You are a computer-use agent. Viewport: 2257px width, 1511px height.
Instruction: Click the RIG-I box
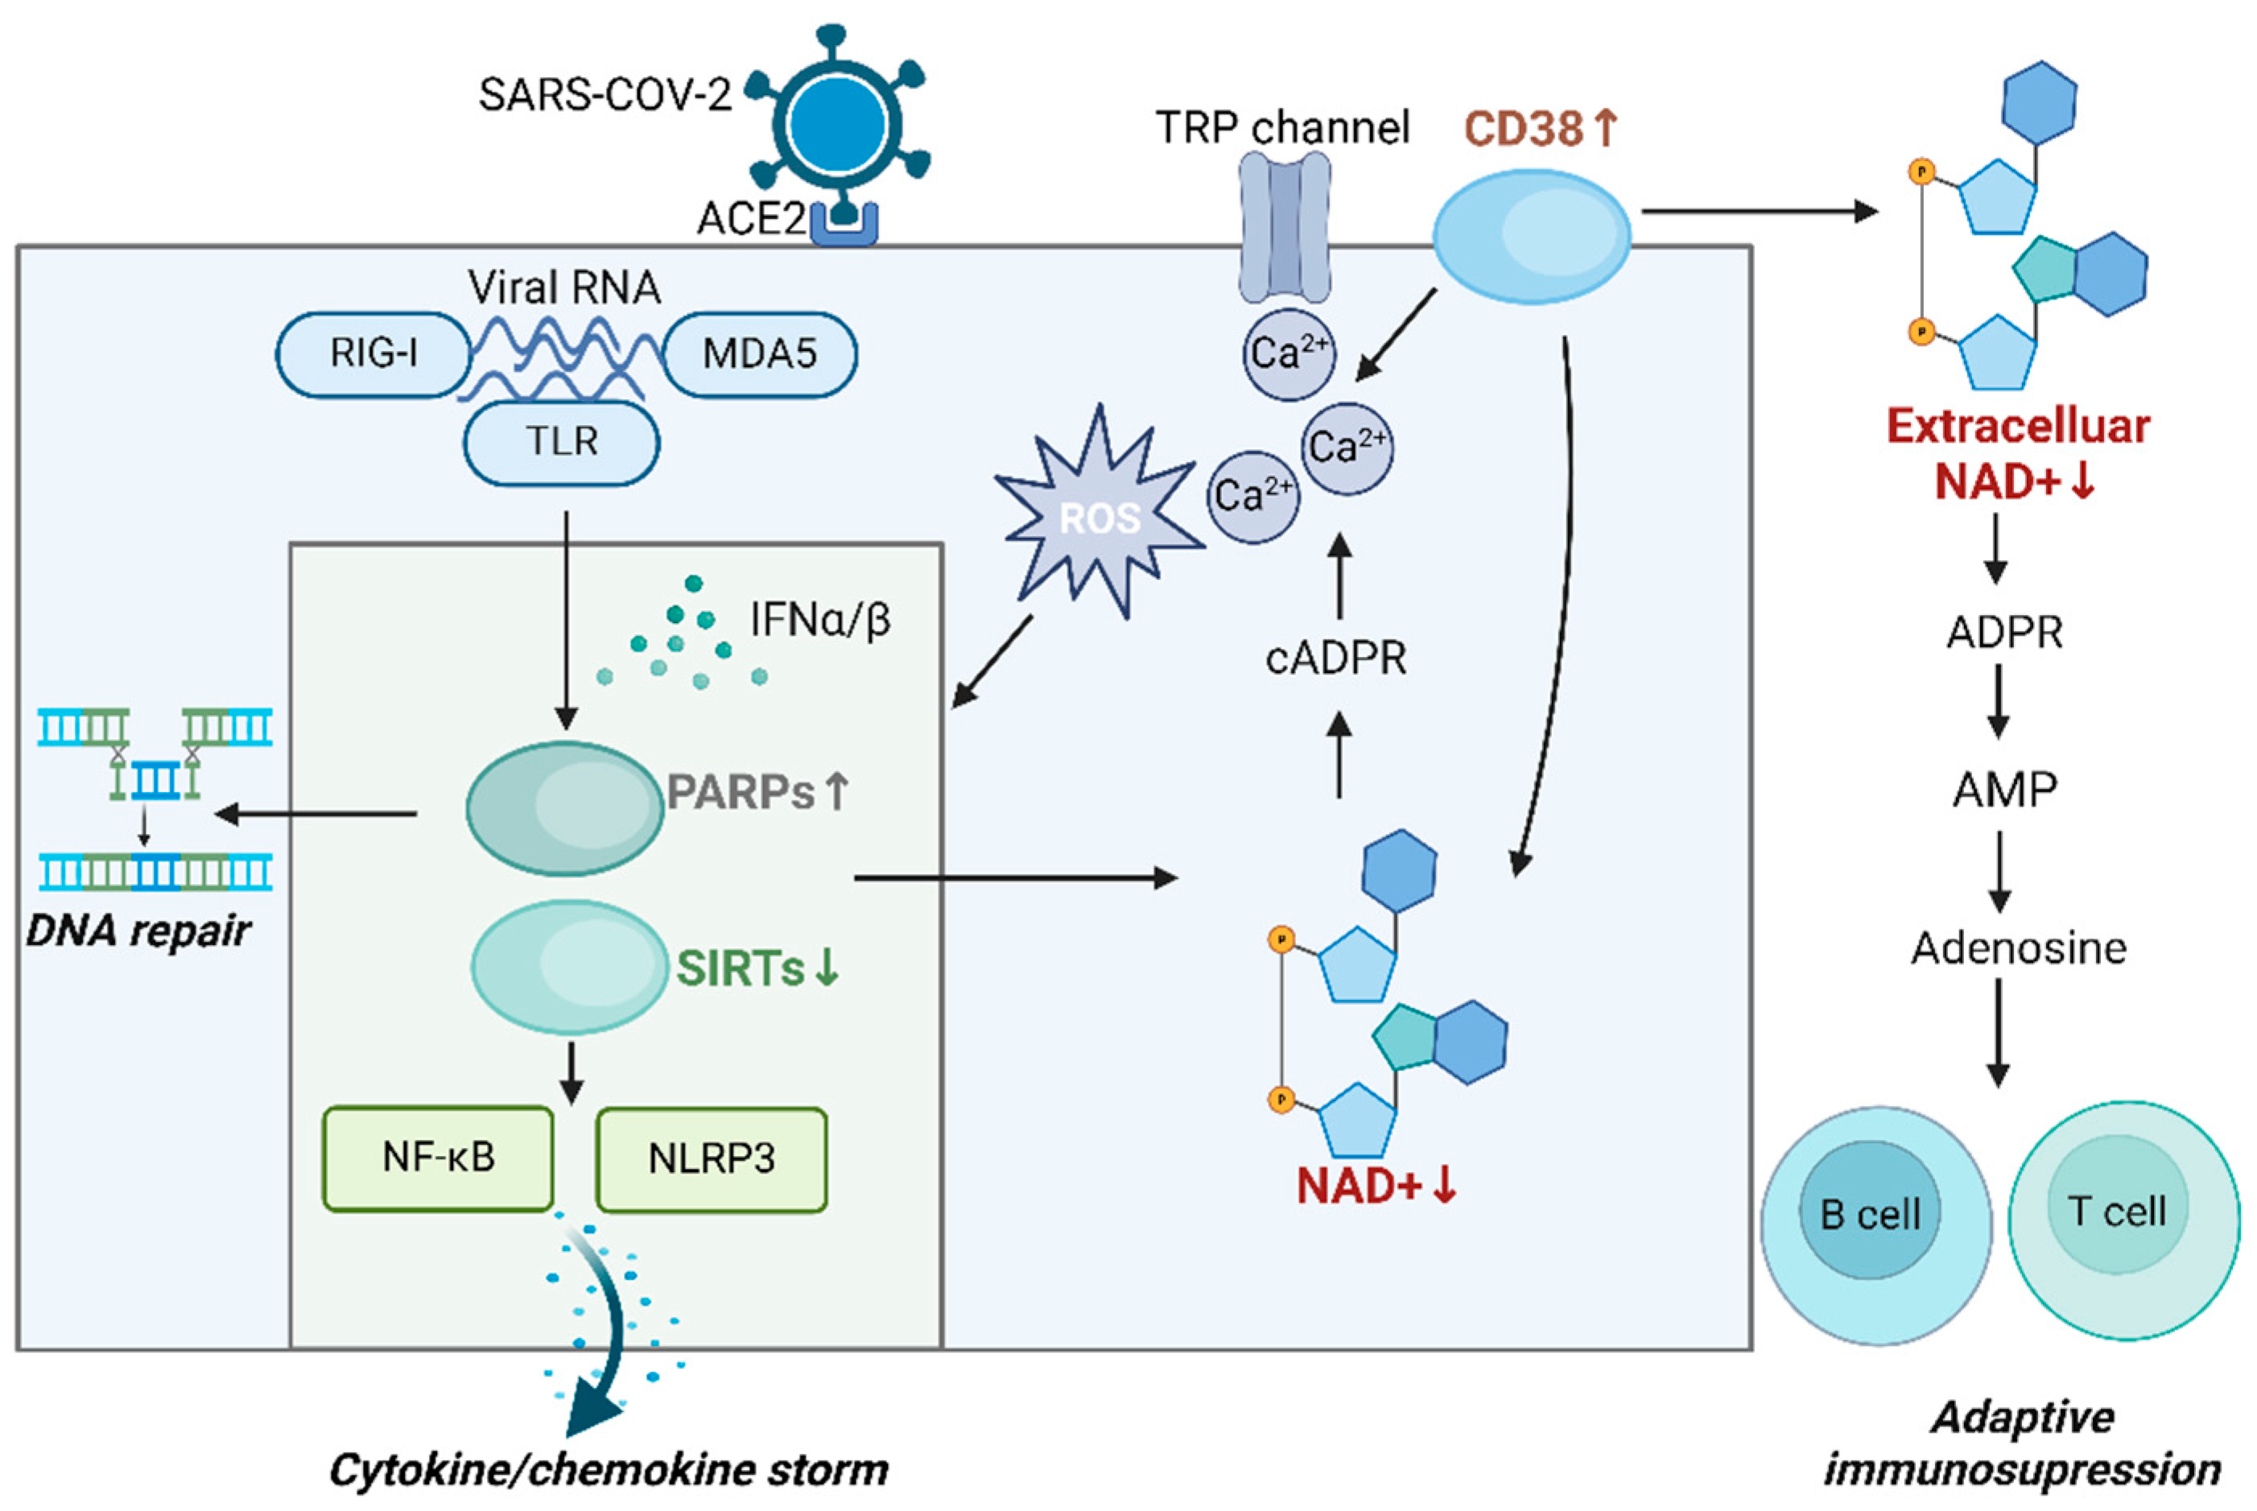click(373, 353)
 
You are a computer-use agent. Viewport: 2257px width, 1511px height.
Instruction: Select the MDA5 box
click(760, 353)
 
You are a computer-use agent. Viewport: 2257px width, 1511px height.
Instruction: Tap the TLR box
click(562, 442)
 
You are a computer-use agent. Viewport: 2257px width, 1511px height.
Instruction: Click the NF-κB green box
click(439, 1158)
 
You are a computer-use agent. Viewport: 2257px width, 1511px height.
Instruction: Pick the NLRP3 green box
click(711, 1158)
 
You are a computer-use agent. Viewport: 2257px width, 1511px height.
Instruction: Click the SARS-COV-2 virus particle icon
click(837, 123)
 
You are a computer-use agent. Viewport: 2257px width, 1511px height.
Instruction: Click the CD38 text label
click(1523, 128)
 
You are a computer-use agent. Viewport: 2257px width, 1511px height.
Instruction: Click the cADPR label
click(1335, 659)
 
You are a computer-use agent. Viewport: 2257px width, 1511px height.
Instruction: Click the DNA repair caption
click(138, 931)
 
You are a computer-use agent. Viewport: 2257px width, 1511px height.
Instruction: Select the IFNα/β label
click(819, 620)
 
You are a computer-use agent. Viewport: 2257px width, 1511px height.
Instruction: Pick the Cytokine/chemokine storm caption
click(609, 1470)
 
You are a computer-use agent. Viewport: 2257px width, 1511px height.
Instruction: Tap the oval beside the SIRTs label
click(568, 967)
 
